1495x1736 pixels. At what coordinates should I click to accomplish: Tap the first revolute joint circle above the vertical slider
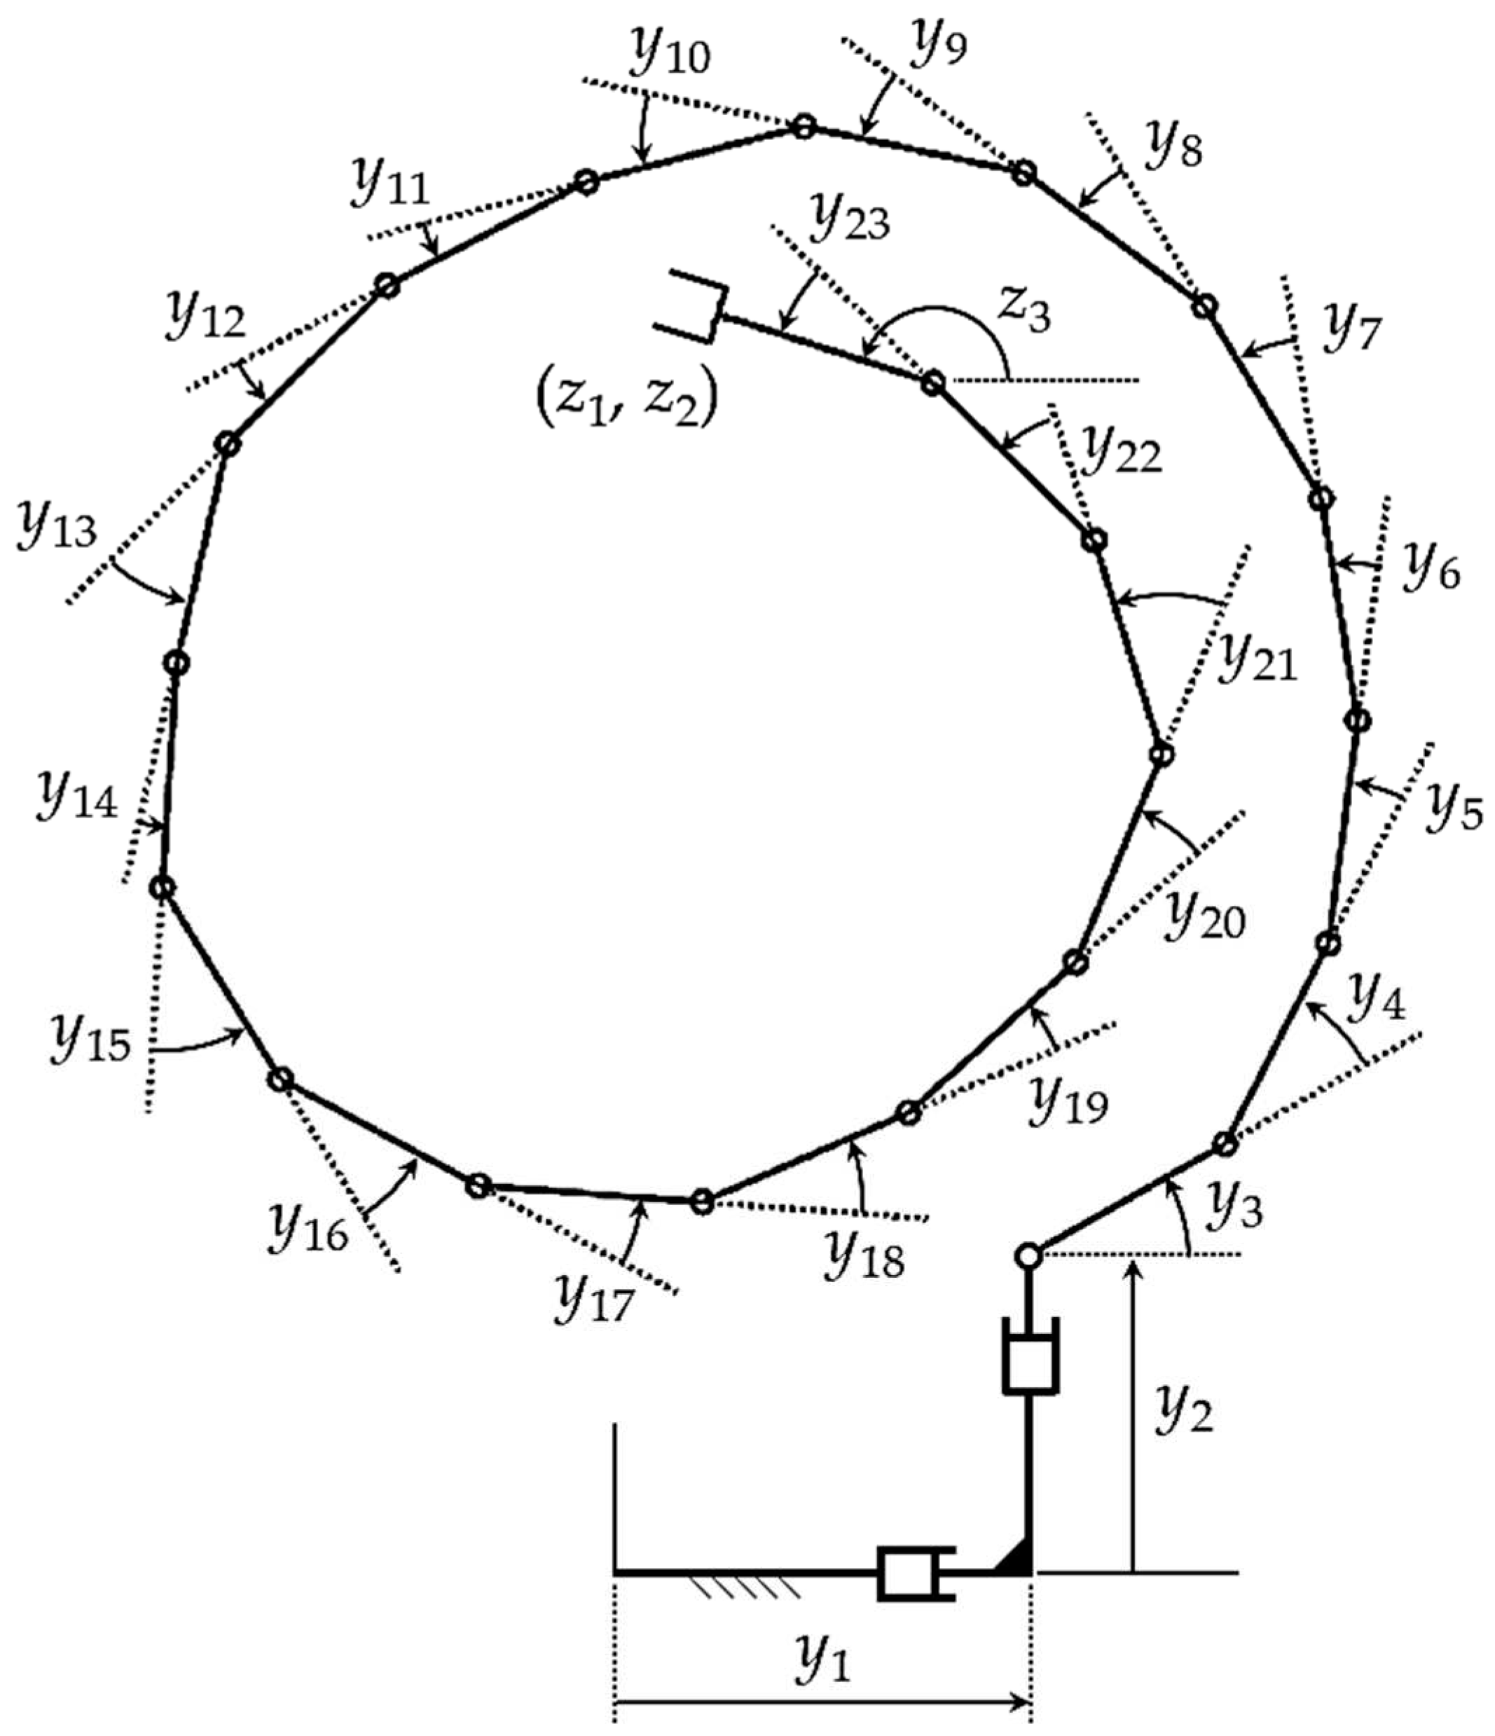[1029, 1256]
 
